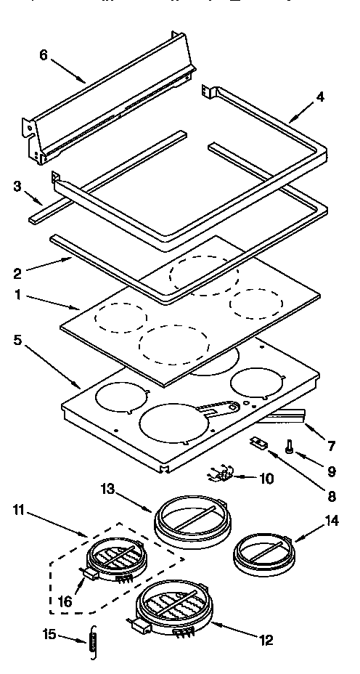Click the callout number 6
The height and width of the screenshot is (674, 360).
pyautogui.click(x=43, y=56)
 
